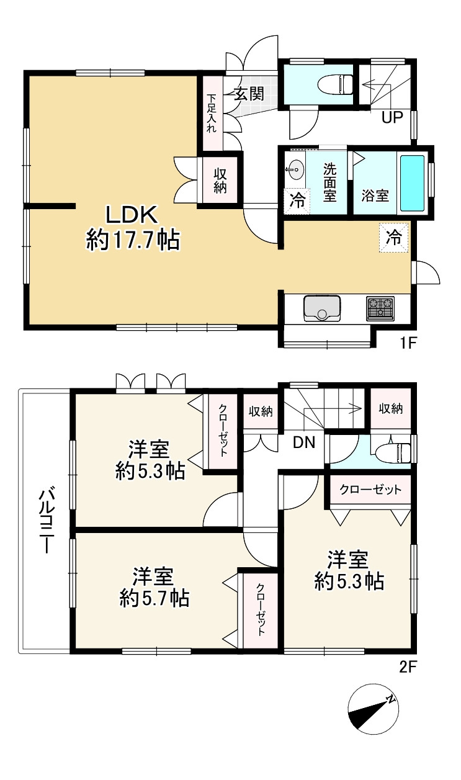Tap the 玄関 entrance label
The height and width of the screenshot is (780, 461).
[x=249, y=93]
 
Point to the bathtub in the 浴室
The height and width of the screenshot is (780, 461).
[x=412, y=183]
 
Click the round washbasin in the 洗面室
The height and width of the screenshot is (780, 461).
[x=295, y=170]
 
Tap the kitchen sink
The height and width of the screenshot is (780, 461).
[x=322, y=308]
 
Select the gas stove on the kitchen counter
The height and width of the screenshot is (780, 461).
[x=380, y=308]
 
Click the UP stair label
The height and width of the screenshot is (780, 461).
[x=392, y=117]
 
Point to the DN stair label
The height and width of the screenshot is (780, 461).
[x=304, y=442]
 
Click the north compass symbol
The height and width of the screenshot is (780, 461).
[x=374, y=709]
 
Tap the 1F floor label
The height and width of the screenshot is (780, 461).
[x=408, y=343]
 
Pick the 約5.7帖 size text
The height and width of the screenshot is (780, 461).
[x=154, y=599]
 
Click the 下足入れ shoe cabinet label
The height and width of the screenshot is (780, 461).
[x=212, y=113]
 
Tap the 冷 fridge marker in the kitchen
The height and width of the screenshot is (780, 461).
[x=393, y=238]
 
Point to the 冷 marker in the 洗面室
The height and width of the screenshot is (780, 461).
[x=297, y=201]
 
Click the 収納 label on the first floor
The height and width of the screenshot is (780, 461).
[x=220, y=181]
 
